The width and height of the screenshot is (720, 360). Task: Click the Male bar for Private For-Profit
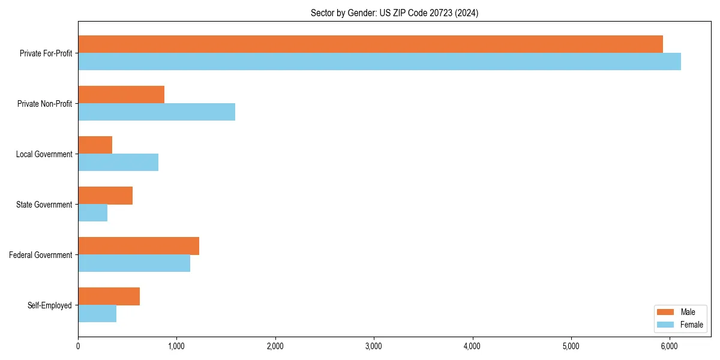(x=370, y=44)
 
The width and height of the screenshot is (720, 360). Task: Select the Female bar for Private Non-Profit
(x=157, y=112)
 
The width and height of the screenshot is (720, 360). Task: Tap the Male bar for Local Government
(x=95, y=145)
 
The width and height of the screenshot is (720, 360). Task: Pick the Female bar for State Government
(x=92, y=212)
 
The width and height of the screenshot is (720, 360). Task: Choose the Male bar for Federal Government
(x=138, y=246)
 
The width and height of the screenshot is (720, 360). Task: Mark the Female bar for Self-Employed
(x=97, y=313)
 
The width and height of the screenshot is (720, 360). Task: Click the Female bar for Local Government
(x=118, y=162)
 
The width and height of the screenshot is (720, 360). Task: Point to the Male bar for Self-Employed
(x=109, y=296)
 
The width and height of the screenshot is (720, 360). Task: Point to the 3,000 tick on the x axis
(x=374, y=346)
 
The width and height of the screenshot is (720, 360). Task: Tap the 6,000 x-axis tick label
(x=670, y=346)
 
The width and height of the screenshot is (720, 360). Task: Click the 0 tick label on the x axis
(x=78, y=346)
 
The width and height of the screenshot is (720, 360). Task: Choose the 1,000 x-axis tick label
(x=176, y=346)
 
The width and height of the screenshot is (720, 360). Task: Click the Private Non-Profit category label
(x=44, y=104)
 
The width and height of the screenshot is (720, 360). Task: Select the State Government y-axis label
(x=44, y=205)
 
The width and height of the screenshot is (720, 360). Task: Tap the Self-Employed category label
(x=49, y=305)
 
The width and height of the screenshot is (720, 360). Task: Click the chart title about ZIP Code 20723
(x=394, y=13)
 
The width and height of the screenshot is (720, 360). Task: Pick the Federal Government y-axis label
(x=40, y=255)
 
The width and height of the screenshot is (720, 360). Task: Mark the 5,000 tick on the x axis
(x=571, y=346)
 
